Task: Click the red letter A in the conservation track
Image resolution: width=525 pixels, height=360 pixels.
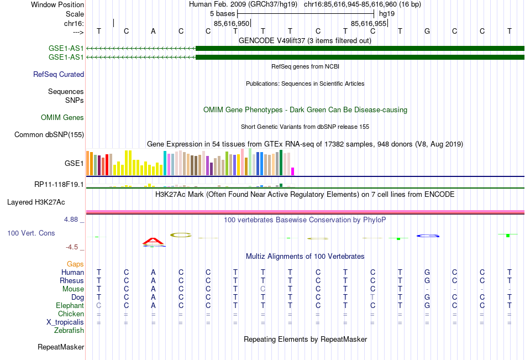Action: (154, 241)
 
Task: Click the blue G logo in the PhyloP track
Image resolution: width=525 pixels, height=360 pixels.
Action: (428, 236)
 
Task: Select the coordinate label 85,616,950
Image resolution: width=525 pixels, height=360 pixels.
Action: (232, 23)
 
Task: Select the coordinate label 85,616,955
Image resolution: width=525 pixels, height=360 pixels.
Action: (369, 23)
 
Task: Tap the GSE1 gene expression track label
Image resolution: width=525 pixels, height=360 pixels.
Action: (74, 164)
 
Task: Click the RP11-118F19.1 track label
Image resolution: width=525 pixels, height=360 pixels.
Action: (59, 184)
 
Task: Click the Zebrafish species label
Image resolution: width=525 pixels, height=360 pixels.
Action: (69, 331)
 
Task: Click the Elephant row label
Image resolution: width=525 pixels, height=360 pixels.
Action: (70, 305)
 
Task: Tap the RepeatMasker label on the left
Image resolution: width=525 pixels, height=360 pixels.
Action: (61, 347)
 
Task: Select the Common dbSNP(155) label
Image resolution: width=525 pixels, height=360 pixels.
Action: (49, 134)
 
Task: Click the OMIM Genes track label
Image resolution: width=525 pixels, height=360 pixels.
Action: (62, 117)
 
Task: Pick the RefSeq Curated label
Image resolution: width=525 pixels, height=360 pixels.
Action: (59, 74)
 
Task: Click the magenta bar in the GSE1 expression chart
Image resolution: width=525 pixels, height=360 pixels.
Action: (293, 171)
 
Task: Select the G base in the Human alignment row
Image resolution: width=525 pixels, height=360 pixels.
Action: (427, 272)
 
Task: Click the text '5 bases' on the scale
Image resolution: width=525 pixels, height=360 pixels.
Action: (223, 13)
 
